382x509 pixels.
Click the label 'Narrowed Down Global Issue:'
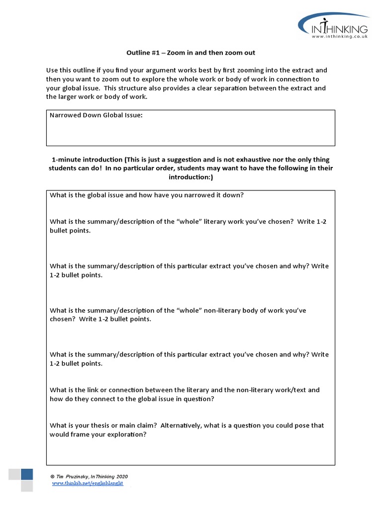coord(96,115)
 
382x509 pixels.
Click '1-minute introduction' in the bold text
coord(87,160)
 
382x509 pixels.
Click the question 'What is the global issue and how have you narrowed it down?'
coord(146,195)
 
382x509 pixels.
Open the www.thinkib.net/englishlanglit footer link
coord(88,484)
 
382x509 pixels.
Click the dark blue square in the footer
coord(27,474)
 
